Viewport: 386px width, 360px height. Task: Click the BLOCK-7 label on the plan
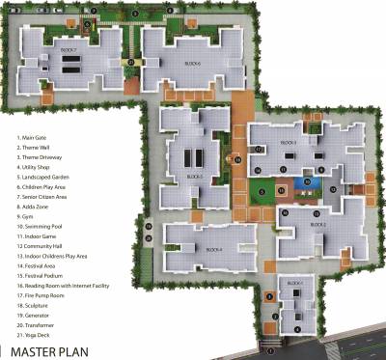click(68, 47)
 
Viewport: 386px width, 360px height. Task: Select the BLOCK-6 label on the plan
click(192, 61)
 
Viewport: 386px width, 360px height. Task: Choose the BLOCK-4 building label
click(214, 250)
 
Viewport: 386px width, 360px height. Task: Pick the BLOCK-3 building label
click(288, 141)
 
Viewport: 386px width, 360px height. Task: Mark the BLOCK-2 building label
click(318, 224)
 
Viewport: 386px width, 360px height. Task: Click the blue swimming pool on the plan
click(308, 180)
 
